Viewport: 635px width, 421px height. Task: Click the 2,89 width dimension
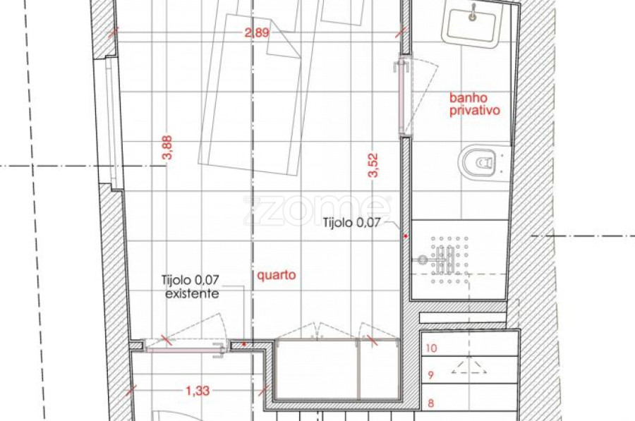click(x=257, y=32)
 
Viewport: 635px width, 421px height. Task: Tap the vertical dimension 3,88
click(x=168, y=147)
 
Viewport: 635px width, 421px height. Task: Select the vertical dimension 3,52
click(x=373, y=165)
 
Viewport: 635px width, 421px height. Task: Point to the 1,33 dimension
click(x=198, y=391)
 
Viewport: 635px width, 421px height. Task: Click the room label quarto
click(x=277, y=275)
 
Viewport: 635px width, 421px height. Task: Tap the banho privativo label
click(x=475, y=104)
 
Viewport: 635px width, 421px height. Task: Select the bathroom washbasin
click(x=473, y=24)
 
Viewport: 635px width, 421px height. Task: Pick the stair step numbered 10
click(x=470, y=344)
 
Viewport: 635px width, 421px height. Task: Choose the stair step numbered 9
click(x=470, y=370)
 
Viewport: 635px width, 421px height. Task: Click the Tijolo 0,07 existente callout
click(x=190, y=286)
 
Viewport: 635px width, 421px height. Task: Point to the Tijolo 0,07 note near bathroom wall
click(x=351, y=222)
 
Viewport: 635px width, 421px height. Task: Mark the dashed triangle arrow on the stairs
click(x=469, y=367)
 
